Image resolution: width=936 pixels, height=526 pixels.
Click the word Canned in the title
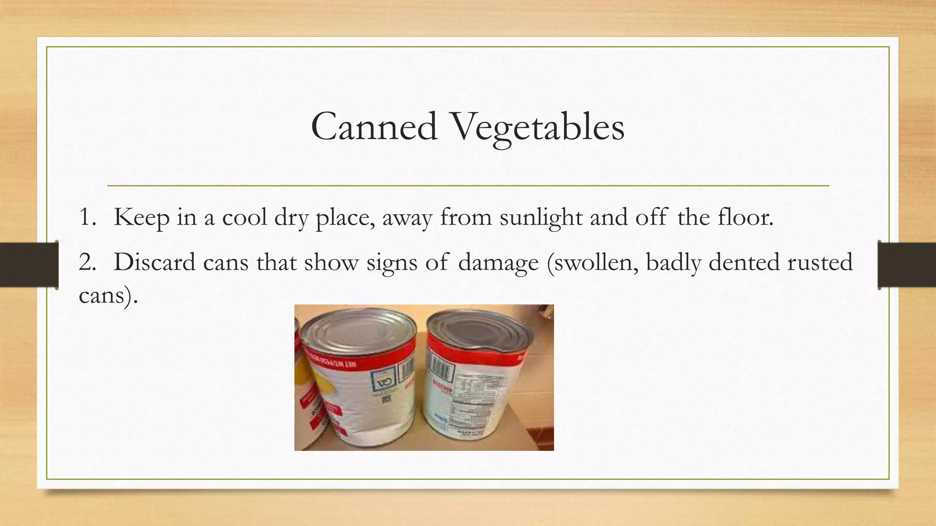point(374,126)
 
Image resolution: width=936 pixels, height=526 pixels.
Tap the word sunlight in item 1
point(541,217)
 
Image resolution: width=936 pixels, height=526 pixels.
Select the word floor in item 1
point(745,217)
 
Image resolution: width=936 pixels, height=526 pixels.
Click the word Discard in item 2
point(154,263)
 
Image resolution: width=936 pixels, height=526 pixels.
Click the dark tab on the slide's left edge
point(29,265)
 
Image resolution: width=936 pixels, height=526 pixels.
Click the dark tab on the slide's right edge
point(907,265)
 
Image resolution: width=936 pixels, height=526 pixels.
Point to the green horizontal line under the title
point(468,186)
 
